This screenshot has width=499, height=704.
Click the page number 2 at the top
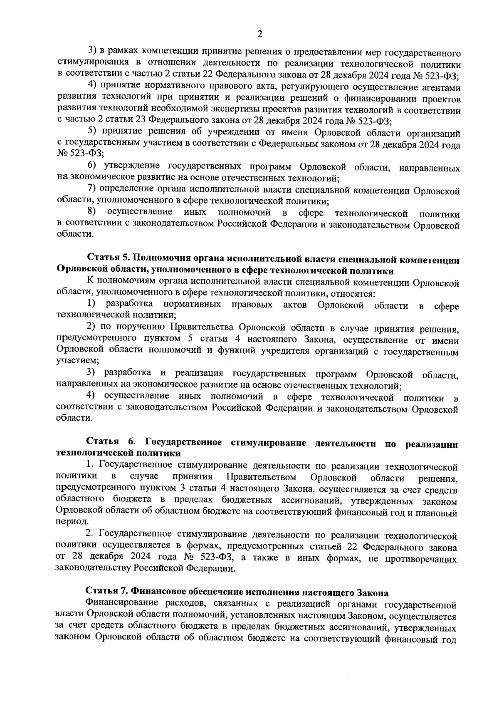tap(259, 35)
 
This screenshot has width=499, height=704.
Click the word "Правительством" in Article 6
tap(262, 476)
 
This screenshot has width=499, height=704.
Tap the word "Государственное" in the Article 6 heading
tap(183, 441)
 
